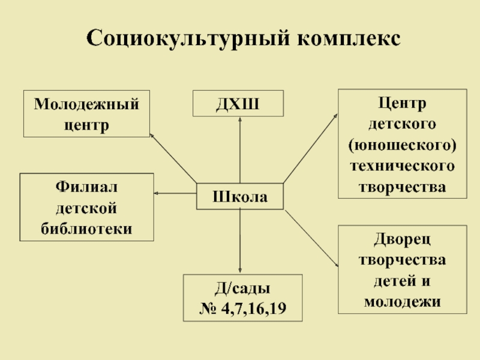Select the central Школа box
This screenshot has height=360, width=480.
241,196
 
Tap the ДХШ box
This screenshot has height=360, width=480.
238,104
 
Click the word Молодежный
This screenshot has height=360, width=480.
86,104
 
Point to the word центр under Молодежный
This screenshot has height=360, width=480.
86,125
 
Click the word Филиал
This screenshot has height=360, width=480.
87,187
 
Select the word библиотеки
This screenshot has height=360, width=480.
87,229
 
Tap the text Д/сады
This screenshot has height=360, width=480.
242,289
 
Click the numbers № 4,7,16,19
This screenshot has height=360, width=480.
242,309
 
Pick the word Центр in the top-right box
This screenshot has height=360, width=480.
402,104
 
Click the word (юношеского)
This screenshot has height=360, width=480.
402,145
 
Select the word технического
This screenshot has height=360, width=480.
402,165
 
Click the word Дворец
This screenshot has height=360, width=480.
402,239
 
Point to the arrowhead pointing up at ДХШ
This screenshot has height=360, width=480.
240,119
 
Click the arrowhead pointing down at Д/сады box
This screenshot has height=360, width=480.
240,271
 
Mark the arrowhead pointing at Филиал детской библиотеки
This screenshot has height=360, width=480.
157,193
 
